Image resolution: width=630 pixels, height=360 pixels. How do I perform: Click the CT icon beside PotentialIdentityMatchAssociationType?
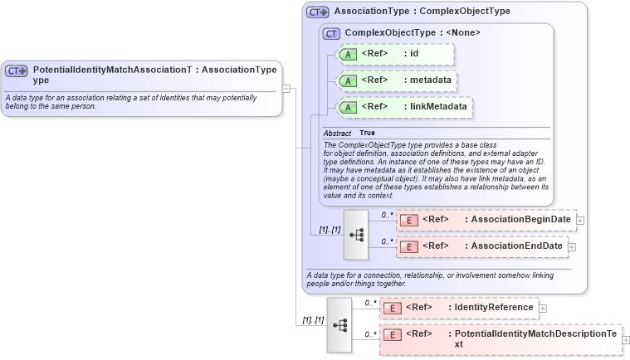(x=17, y=71)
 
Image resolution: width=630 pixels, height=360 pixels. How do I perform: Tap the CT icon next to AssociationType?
(x=318, y=12)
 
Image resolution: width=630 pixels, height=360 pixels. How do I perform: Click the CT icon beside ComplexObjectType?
(x=331, y=33)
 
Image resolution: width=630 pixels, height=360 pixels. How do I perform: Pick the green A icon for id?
(x=348, y=55)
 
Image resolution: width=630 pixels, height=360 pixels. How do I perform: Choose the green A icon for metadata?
(x=348, y=80)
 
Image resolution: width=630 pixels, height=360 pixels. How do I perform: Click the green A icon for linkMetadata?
(x=348, y=107)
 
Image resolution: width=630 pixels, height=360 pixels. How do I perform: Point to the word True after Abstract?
(x=367, y=133)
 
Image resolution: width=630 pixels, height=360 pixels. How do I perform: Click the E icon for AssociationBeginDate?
(x=408, y=220)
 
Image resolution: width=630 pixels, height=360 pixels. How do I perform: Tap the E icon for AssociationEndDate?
(x=408, y=246)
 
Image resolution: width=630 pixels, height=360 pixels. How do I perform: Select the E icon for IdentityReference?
(x=392, y=308)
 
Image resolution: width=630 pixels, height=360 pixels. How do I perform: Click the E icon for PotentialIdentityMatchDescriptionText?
(x=392, y=334)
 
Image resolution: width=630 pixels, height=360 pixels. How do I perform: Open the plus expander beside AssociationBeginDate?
(x=580, y=220)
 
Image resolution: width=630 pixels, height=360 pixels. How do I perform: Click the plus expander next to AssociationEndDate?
(x=572, y=246)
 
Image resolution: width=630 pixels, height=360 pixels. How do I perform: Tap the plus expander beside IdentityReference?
(x=543, y=308)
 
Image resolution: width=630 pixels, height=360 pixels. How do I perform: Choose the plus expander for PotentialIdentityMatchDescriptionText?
(x=626, y=339)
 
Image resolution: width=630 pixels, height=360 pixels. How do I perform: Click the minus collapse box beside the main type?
(x=286, y=86)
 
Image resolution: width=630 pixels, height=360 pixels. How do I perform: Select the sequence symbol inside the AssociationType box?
(x=357, y=234)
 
